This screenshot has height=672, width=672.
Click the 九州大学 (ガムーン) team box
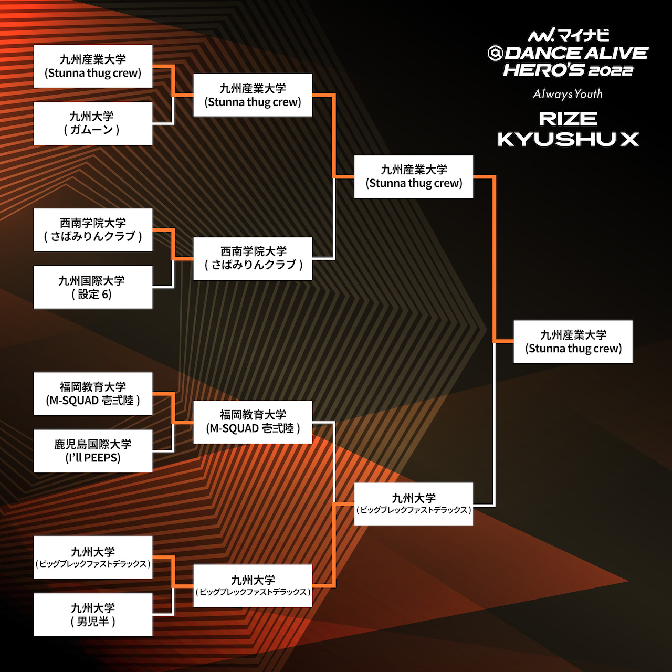93,123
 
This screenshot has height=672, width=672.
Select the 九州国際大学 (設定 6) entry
93,287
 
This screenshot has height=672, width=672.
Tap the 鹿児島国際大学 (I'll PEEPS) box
93,451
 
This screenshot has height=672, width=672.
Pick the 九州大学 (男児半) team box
93,614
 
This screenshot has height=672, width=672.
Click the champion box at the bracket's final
573,342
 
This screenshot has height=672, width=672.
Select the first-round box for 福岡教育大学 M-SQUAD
93,394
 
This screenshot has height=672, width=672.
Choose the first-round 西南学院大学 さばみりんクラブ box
93,230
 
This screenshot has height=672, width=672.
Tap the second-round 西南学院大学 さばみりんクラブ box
253,259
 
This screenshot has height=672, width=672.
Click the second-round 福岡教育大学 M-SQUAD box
253,422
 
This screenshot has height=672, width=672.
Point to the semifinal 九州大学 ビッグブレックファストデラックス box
414,504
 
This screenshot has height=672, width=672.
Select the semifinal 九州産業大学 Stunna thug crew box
414,177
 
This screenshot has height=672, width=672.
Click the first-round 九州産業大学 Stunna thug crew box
93,66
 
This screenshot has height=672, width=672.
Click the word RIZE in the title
568,119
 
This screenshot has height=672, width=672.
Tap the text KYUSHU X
568,139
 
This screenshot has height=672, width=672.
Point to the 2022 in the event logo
611,71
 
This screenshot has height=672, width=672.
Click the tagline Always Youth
568,94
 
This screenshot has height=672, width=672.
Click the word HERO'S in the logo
543,70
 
